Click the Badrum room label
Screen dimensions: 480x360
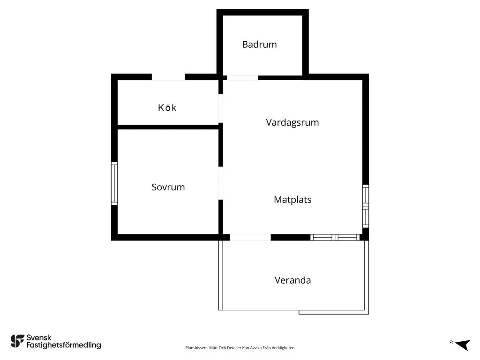coord(259,45)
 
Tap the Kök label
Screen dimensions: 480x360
coord(167,107)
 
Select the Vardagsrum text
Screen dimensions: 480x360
coord(292,122)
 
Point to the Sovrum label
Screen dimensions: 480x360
coord(168,187)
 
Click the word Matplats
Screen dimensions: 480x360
coord(292,200)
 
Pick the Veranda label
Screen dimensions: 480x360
coord(292,280)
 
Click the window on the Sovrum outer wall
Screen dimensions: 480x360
coord(114,183)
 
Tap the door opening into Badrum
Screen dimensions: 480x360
coord(242,78)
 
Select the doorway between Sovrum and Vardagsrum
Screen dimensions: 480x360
coord(221,183)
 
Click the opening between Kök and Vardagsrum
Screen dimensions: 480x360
coord(221,108)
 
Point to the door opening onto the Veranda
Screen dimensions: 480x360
coord(250,237)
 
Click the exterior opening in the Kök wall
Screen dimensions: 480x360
coord(168,77)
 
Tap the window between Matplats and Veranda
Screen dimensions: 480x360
coord(335,237)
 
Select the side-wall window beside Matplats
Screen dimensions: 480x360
coord(366,206)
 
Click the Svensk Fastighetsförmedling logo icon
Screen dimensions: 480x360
coord(17,341)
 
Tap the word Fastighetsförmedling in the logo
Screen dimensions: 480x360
coord(64,345)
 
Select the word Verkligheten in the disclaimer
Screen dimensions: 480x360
coord(284,348)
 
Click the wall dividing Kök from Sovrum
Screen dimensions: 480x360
coord(168,127)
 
